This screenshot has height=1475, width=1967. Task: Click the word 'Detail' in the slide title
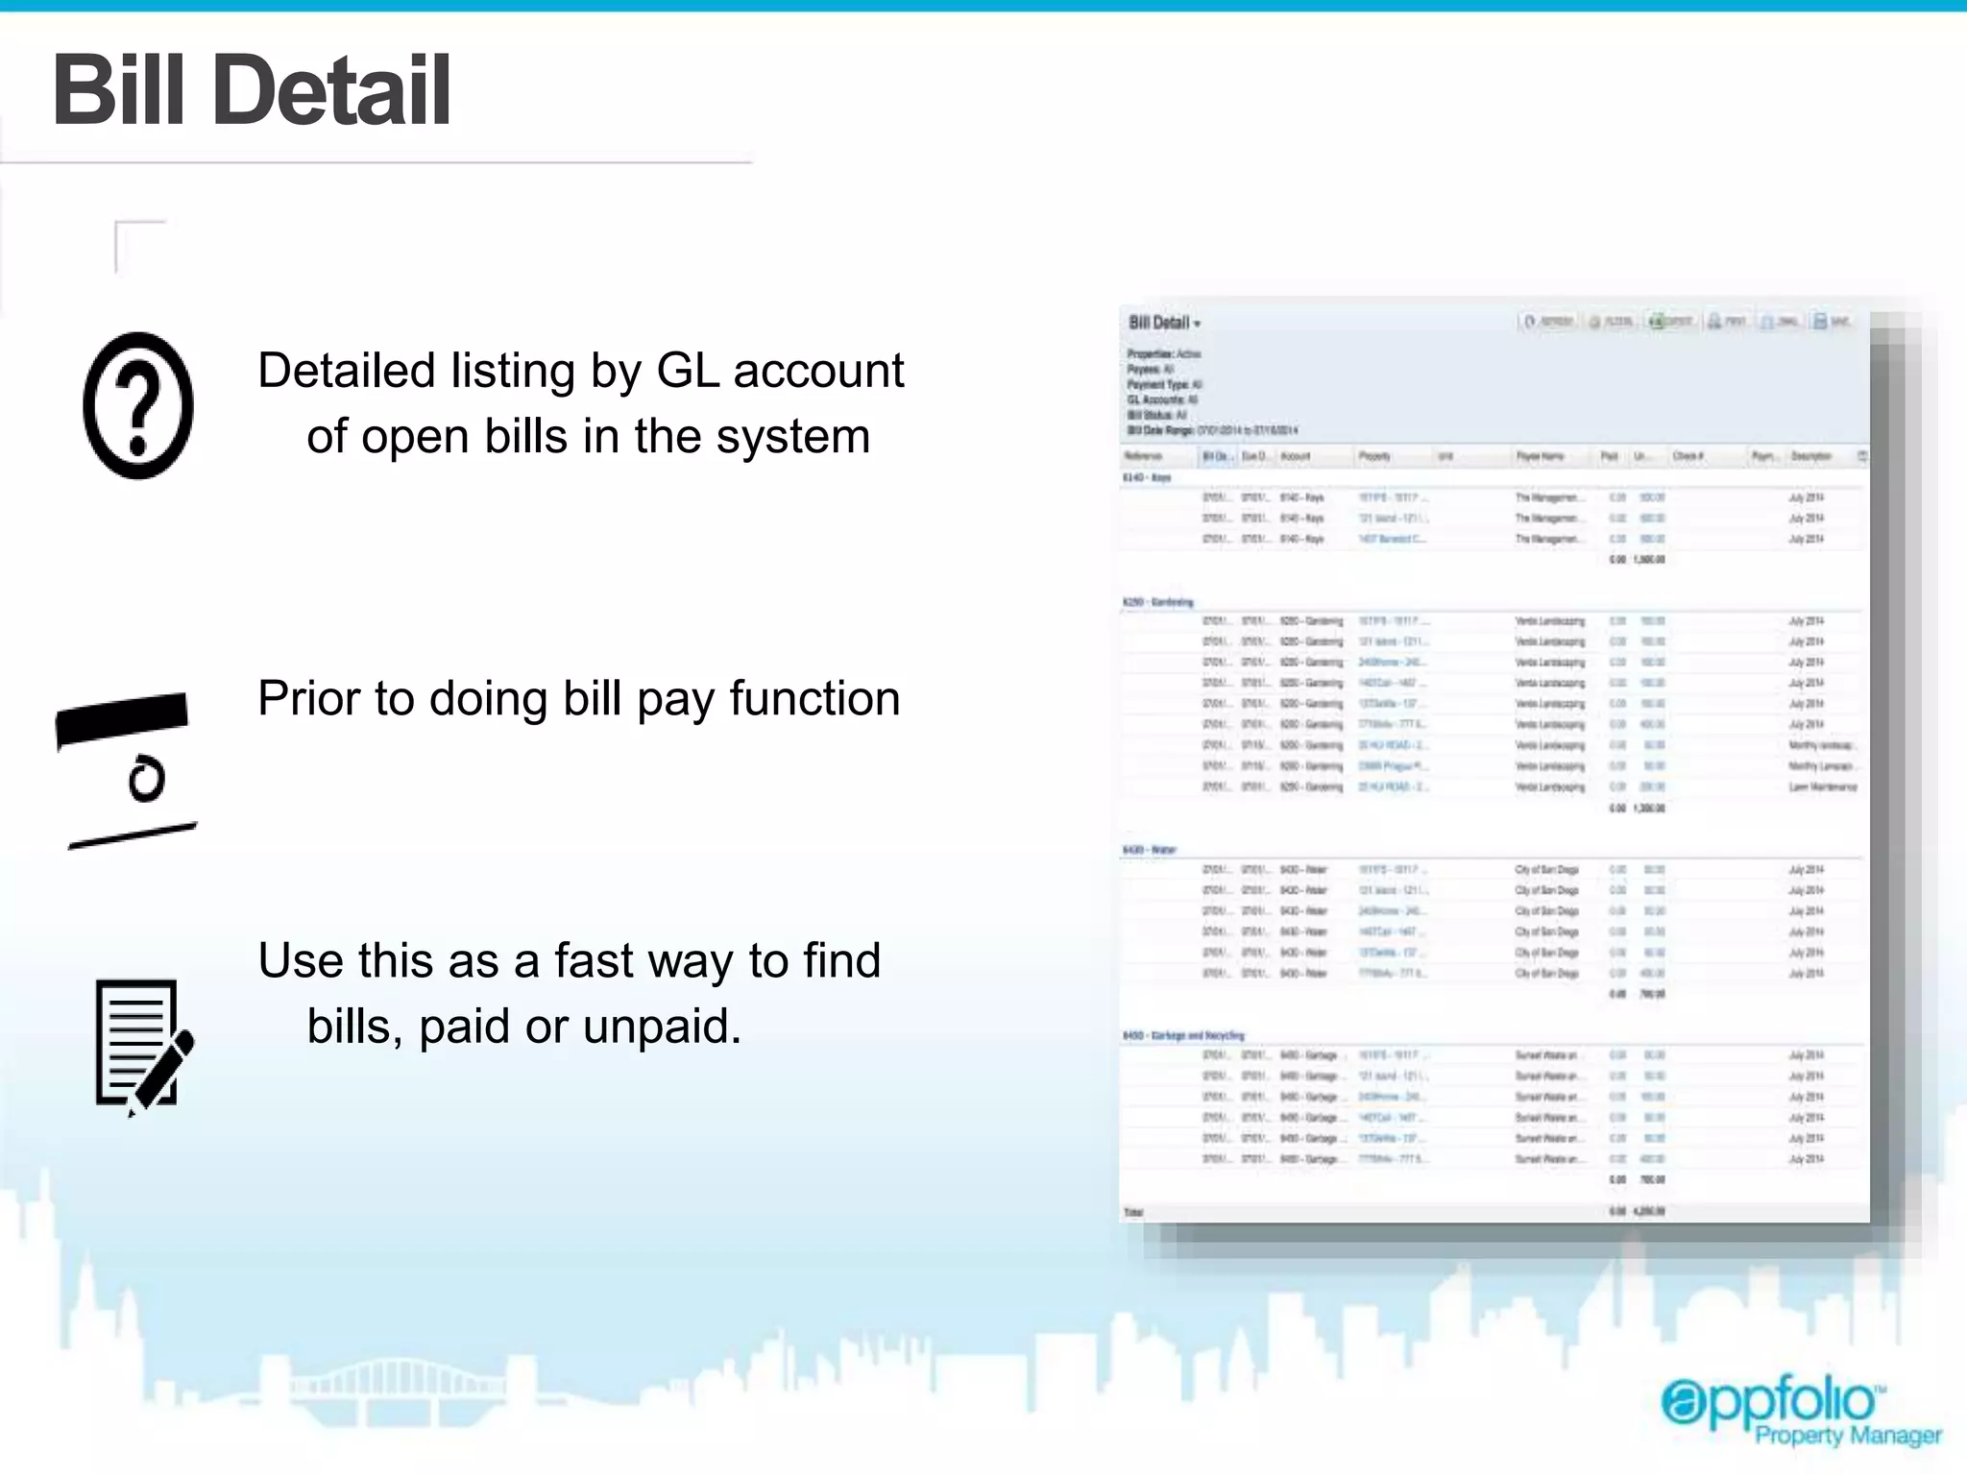tap(337, 90)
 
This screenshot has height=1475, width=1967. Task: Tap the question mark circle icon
tap(138, 405)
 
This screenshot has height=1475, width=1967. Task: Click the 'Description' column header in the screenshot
tap(1810, 456)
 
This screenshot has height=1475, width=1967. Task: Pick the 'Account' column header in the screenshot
tap(1295, 456)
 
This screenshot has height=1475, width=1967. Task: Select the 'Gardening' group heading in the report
tap(1158, 602)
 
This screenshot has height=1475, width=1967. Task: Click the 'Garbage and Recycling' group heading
tap(1183, 1035)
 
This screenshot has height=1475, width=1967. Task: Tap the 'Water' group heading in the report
tap(1150, 850)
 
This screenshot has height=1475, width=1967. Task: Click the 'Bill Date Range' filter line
tap(1212, 430)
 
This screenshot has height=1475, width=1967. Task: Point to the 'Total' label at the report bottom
tap(1134, 1212)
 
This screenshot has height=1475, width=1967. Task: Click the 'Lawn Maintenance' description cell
tap(1822, 786)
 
